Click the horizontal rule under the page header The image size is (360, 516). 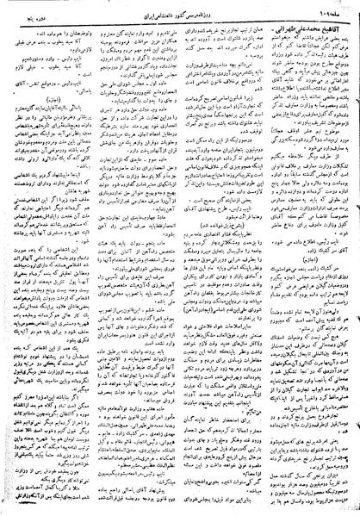point(180,16)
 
